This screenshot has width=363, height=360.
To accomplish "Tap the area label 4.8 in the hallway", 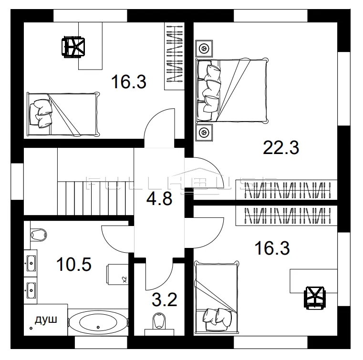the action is pyautogui.click(x=159, y=198).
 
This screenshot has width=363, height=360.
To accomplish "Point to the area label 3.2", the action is pyautogui.click(x=165, y=299).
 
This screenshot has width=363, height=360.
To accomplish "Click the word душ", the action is pyautogui.click(x=46, y=320).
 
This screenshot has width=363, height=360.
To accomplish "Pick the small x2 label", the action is pyautogui.click(x=124, y=279).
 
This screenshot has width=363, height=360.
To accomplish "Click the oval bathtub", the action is pyautogui.click(x=98, y=322).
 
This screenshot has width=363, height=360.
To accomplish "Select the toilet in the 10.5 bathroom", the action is pyautogui.click(x=39, y=235).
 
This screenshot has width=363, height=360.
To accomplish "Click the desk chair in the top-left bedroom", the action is pyautogui.click(x=73, y=47).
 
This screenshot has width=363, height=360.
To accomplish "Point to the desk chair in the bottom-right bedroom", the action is pyautogui.click(x=315, y=298).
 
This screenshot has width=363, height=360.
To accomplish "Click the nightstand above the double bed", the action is pyautogui.click(x=204, y=48).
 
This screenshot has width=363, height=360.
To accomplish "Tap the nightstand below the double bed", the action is pyautogui.click(x=204, y=133).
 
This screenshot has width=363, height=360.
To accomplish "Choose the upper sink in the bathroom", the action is pyautogui.click(x=31, y=263).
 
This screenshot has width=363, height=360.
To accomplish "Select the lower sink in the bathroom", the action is pyautogui.click(x=31, y=290).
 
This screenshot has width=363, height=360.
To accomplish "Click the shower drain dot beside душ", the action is pyautogui.click(x=31, y=329).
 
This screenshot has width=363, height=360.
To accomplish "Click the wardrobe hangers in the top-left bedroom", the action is pyautogui.click(x=175, y=53).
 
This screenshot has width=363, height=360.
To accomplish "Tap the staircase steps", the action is pyautogui.click(x=95, y=198).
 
